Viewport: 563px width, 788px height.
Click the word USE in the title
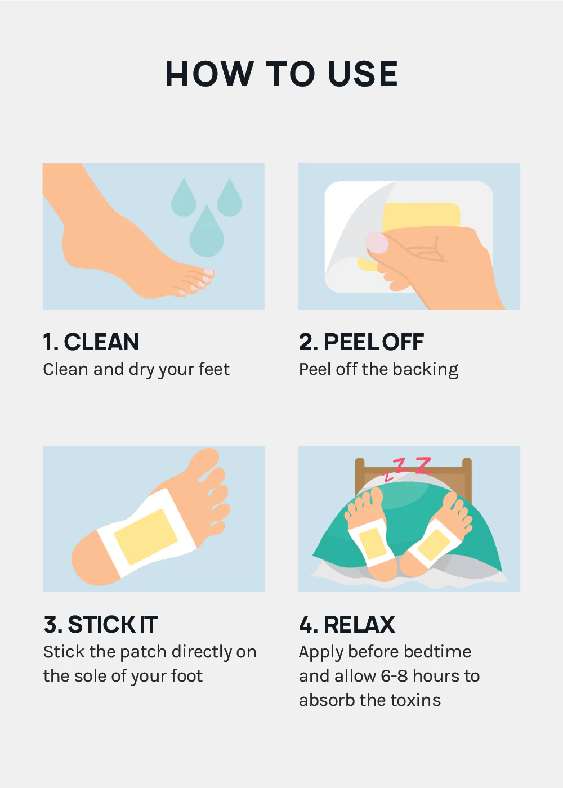point(363,74)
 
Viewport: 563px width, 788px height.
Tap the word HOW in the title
point(209,74)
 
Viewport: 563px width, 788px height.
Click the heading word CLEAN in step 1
point(101,342)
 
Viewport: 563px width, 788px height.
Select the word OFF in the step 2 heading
point(403,342)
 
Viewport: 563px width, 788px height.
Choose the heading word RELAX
point(359,625)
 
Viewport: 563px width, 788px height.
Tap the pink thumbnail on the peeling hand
point(377,243)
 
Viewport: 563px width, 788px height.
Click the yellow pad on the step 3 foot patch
point(146,537)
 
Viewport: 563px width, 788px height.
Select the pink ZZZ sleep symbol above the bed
point(408,468)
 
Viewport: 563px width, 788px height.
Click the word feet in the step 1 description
point(215,369)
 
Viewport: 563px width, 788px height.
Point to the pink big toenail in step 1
point(209,271)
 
